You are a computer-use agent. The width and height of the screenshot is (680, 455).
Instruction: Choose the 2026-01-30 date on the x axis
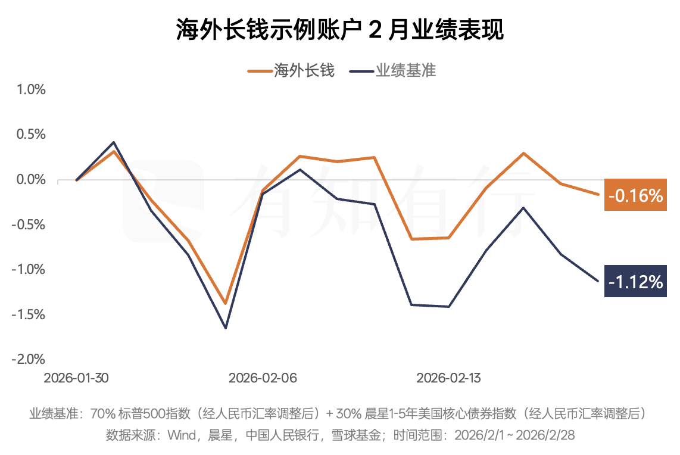(x=77, y=378)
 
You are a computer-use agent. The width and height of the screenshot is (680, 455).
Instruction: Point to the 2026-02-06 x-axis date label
(x=263, y=378)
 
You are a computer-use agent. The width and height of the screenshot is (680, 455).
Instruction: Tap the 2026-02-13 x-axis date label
(x=449, y=378)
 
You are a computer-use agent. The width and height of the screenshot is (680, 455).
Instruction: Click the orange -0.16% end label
(x=635, y=195)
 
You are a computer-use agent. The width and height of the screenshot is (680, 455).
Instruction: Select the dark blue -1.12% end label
(x=635, y=281)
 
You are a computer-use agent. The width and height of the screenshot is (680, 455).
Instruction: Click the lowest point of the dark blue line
(x=226, y=328)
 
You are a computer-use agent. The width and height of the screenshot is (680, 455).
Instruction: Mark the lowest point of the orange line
(x=226, y=304)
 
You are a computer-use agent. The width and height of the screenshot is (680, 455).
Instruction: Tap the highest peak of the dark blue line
(x=114, y=142)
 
